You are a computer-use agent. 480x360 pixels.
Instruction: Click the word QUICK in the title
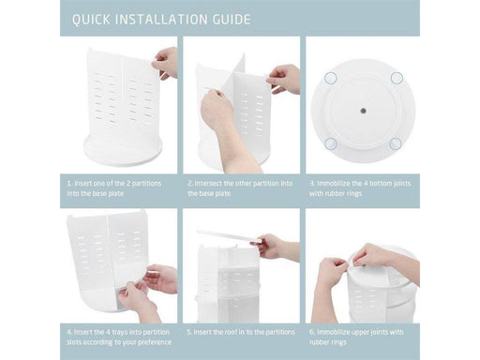[x=91, y=20]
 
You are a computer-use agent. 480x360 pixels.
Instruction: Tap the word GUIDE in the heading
[x=232, y=20]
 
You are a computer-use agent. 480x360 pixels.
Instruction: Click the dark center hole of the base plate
[x=363, y=111]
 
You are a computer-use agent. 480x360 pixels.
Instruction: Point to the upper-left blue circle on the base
[x=330, y=78]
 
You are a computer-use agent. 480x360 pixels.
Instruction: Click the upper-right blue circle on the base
[x=397, y=78]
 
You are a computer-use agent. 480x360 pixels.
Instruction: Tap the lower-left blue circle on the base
[x=330, y=143]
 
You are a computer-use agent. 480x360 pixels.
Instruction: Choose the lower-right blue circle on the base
[x=396, y=143]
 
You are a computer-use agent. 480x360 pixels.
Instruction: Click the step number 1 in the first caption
[x=69, y=184]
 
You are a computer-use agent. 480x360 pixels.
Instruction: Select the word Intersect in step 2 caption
[x=208, y=184]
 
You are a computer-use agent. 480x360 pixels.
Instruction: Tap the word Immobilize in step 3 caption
[x=334, y=184]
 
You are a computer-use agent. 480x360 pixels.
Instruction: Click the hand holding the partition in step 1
[x=165, y=63]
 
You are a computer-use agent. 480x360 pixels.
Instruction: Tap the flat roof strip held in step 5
[x=229, y=236]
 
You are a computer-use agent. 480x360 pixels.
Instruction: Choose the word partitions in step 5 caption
[x=278, y=332]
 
